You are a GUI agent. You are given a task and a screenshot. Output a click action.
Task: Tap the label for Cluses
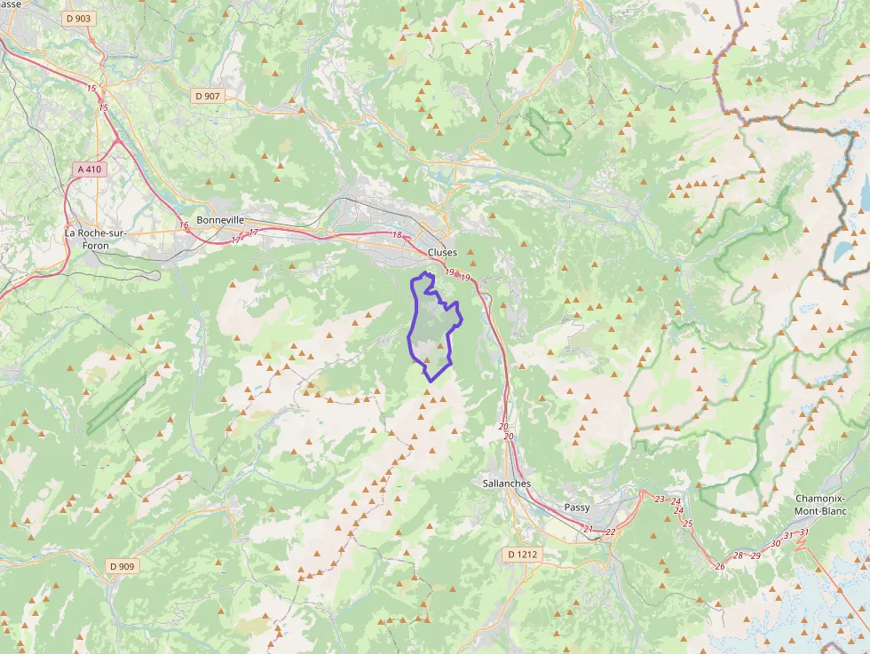point(442,252)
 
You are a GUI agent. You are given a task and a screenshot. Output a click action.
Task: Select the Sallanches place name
point(506,484)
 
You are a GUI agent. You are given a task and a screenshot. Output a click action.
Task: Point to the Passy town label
point(577,508)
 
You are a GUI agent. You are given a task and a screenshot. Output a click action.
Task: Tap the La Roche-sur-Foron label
point(96,239)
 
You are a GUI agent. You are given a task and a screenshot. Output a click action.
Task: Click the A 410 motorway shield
point(91,169)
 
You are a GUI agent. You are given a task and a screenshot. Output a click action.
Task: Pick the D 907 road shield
point(208,95)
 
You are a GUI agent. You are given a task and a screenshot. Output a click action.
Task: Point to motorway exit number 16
point(184,225)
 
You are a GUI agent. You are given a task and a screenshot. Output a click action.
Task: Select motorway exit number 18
point(397,234)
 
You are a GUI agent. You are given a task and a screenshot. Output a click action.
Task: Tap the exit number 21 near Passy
point(588,529)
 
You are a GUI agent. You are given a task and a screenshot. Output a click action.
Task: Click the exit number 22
point(611,532)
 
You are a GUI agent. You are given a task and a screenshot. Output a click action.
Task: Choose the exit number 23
point(659,500)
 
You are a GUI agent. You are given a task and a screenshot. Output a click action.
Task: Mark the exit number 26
point(719,566)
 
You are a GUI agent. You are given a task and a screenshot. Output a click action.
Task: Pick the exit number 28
point(738,556)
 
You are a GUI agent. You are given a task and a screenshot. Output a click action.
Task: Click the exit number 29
point(755,556)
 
